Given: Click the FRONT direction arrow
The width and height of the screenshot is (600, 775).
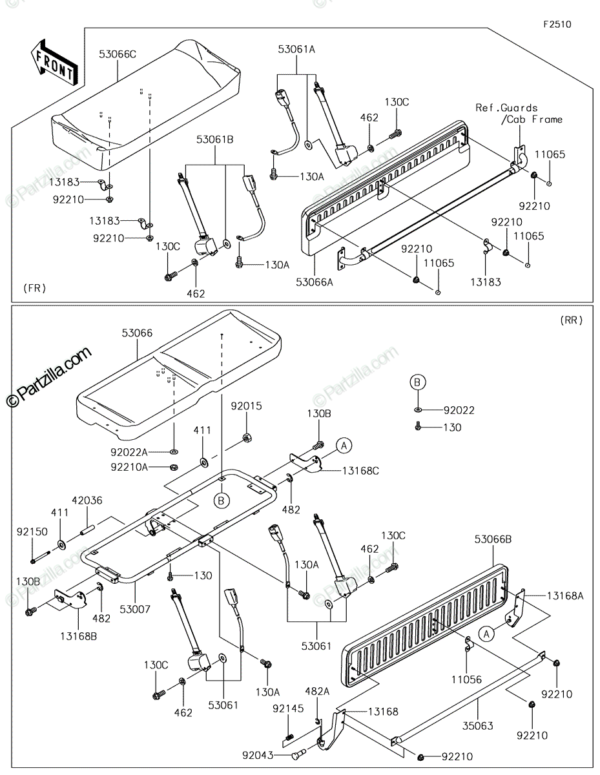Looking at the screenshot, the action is click(x=54, y=63).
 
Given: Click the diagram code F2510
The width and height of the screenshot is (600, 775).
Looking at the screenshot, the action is click(x=557, y=25).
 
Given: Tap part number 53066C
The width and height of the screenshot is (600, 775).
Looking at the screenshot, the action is click(x=118, y=54).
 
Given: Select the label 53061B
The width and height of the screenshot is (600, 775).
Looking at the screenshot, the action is click(x=214, y=139).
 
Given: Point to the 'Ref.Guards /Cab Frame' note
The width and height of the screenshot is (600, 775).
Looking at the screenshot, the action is click(x=519, y=114).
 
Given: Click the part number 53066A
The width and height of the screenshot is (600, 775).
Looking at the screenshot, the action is click(x=315, y=282).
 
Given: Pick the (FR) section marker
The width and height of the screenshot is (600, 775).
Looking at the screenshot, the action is click(x=35, y=288).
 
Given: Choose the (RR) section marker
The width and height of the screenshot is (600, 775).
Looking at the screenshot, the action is click(x=571, y=320).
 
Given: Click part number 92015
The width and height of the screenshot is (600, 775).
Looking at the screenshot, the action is click(x=246, y=406).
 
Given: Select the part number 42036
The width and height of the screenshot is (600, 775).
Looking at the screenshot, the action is click(x=87, y=501).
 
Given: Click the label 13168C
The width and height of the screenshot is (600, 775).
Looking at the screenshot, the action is click(x=361, y=471).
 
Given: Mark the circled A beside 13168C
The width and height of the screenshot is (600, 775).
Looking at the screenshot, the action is click(x=344, y=446).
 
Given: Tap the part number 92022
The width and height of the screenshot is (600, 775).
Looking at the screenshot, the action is click(x=459, y=411).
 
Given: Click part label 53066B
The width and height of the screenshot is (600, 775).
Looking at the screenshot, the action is click(x=493, y=540).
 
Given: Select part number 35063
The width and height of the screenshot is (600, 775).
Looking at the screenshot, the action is click(x=478, y=726).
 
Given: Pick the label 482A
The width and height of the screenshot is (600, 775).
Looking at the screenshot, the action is click(x=317, y=692).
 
